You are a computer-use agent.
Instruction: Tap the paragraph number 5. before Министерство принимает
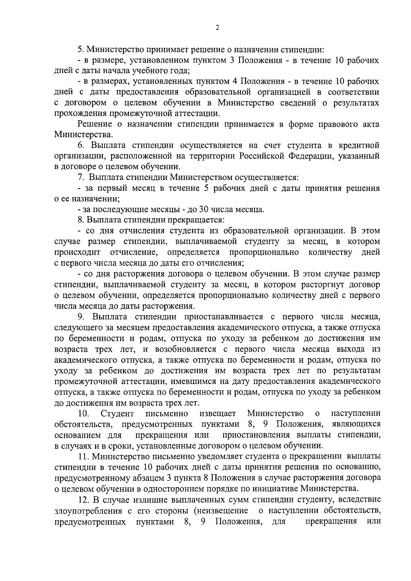tap(81, 50)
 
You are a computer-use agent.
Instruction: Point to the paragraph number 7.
tap(81, 178)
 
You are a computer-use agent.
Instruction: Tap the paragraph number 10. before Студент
tap(84, 414)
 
